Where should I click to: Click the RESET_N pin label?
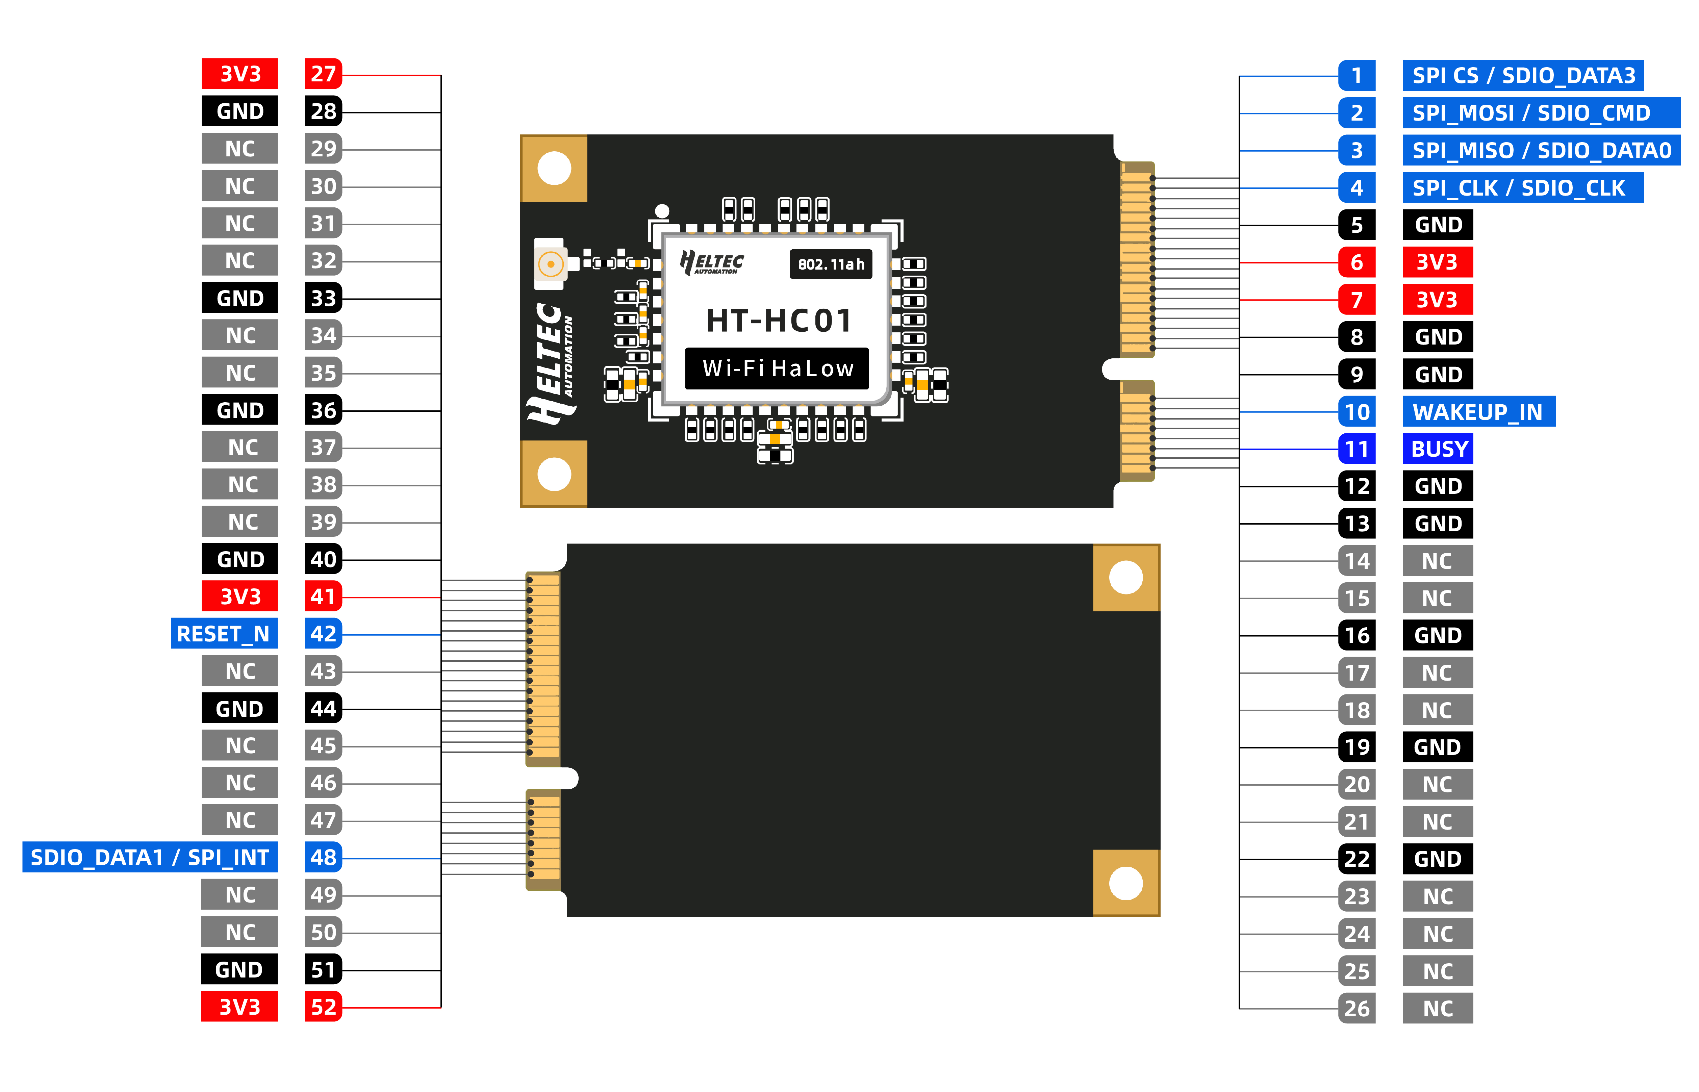pyautogui.click(x=223, y=633)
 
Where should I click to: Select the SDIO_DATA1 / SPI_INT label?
pyautogui.click(x=150, y=857)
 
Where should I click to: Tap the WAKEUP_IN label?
pyautogui.click(x=1478, y=411)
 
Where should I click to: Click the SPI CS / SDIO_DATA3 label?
pyautogui.click(x=1522, y=75)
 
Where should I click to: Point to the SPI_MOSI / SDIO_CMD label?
pyautogui.click(x=1540, y=113)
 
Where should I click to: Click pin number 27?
pyautogui.click(x=323, y=74)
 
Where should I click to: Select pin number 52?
pyautogui.click(x=323, y=1007)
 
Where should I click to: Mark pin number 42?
pyautogui.click(x=323, y=633)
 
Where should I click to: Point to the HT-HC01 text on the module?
pyautogui.click(x=778, y=321)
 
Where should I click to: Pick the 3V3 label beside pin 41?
pyautogui.click(x=240, y=596)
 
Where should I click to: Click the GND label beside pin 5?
pyautogui.click(x=1437, y=225)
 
